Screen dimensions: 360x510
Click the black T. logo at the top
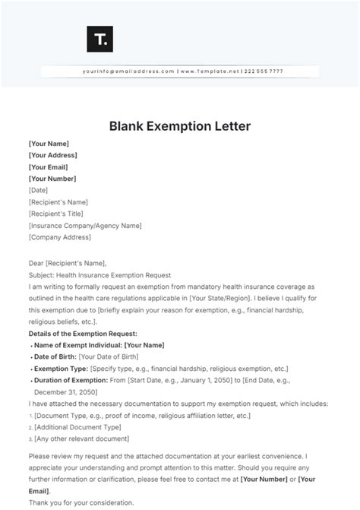[99, 40]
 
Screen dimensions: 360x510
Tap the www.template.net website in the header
[210, 71]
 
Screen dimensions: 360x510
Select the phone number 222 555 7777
[264, 71]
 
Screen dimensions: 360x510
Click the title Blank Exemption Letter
[180, 124]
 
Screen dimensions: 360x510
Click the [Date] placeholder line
[38, 190]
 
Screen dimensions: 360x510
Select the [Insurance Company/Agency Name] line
[85, 226]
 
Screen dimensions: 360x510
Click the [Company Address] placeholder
[59, 237]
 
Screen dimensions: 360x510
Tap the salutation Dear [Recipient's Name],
[71, 263]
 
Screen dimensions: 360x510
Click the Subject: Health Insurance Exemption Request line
[99, 275]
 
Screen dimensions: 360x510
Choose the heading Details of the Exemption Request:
[83, 334]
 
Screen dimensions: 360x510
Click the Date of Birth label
[54, 357]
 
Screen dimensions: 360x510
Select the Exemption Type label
[60, 369]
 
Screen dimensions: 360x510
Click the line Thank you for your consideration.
[80, 502]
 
